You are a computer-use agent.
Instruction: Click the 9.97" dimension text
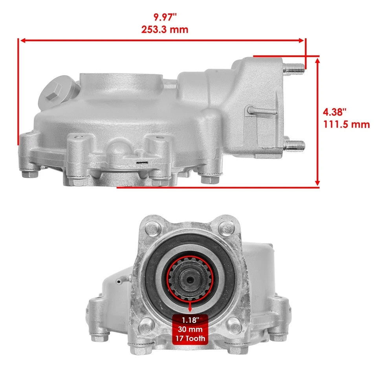(165, 17)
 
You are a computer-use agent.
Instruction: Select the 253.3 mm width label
(165, 29)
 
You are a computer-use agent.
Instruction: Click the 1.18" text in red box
(190, 319)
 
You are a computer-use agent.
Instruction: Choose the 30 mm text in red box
(190, 329)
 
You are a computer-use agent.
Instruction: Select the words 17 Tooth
(190, 338)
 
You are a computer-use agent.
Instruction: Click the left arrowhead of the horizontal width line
(23, 40)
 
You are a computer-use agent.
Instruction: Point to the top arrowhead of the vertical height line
(317, 59)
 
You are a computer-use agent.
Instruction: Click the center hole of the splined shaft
(190, 280)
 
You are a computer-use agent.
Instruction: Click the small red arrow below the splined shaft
(190, 304)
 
